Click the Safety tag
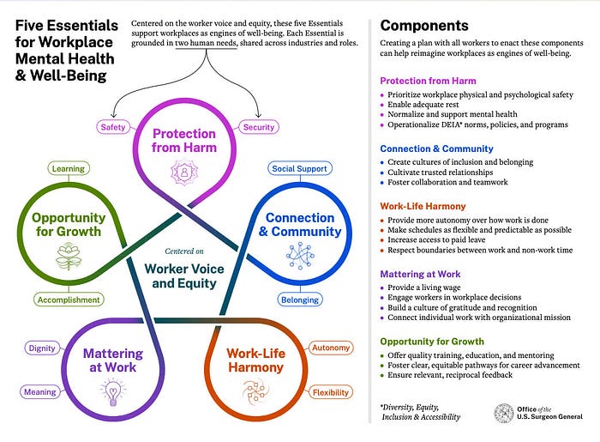click(x=113, y=127)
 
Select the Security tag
click(x=259, y=127)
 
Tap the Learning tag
click(x=68, y=169)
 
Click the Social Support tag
click(x=299, y=169)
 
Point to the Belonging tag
click(x=300, y=300)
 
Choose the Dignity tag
click(x=41, y=348)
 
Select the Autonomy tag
click(x=329, y=348)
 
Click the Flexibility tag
click(x=329, y=392)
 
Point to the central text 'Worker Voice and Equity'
click(x=185, y=275)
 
